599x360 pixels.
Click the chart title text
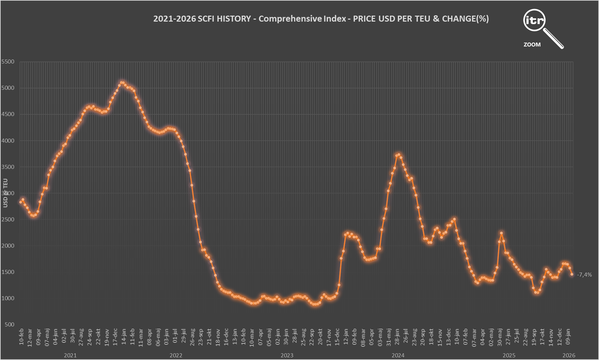(x=321, y=19)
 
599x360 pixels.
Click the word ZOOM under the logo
(x=532, y=45)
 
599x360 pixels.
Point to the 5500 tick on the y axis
(x=8, y=62)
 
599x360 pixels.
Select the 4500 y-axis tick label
(x=8, y=114)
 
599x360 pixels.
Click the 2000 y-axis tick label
(x=8, y=246)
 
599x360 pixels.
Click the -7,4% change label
(x=584, y=275)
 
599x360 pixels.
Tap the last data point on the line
(x=572, y=274)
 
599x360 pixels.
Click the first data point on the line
(x=21, y=202)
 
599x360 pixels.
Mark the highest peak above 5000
(x=122, y=83)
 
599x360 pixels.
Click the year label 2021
(x=70, y=356)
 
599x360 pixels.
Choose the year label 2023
(x=287, y=356)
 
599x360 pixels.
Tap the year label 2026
(x=569, y=356)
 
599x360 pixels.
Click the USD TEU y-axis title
(x=5, y=193)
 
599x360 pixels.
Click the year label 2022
(x=176, y=356)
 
